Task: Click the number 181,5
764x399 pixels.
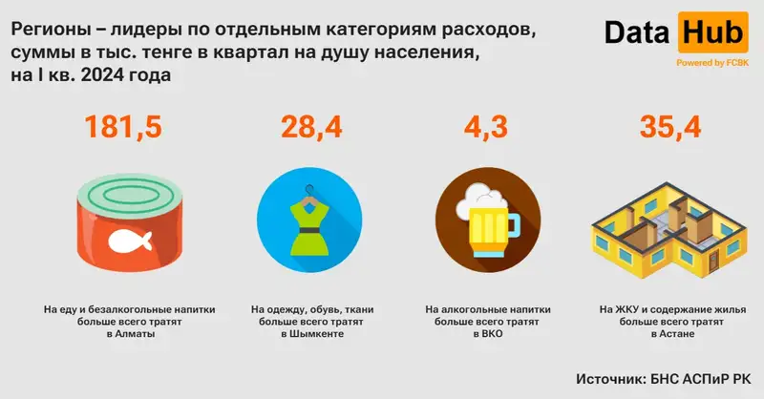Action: coord(123,127)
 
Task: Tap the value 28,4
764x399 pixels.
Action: coord(308,127)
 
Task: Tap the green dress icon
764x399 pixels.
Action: coord(308,230)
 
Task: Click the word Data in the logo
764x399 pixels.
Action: coord(637,35)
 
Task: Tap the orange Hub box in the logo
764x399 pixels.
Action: coord(711,35)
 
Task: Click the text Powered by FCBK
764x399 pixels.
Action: coord(711,63)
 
